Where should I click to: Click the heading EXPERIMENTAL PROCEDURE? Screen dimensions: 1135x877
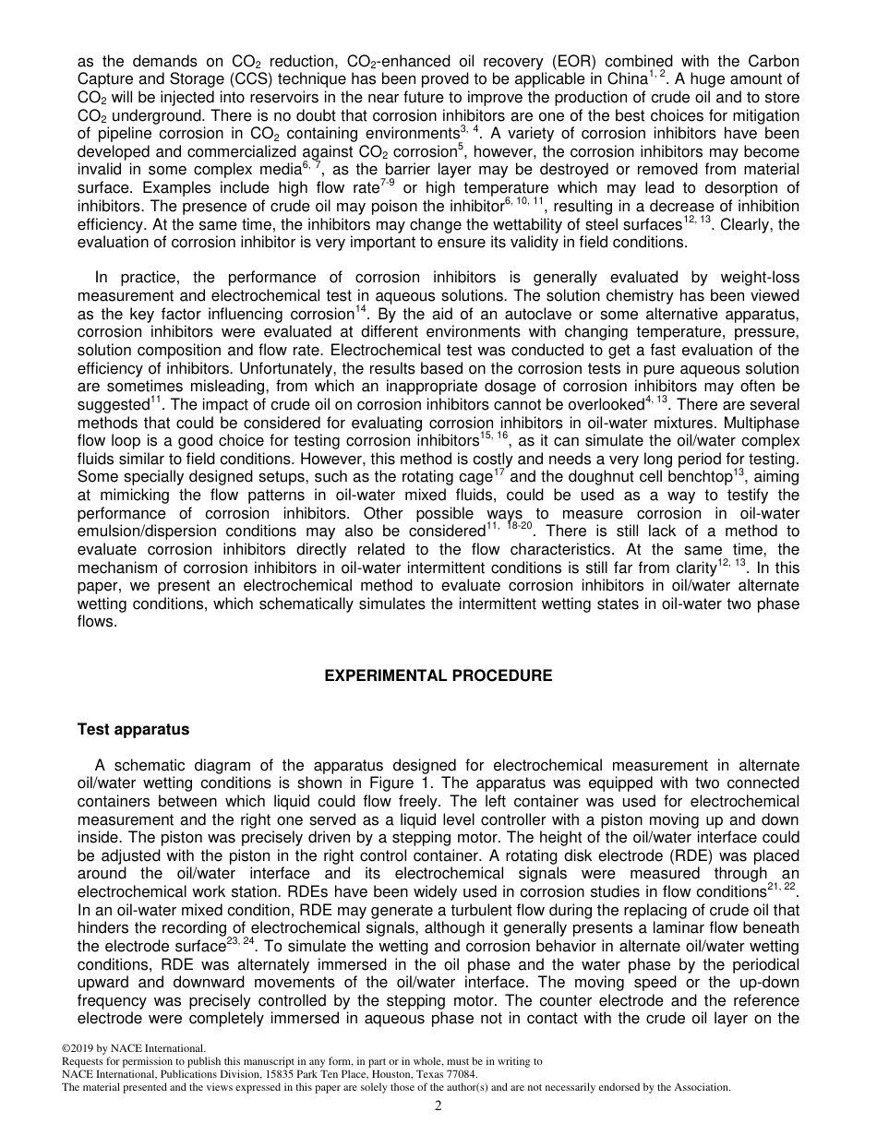point(438,675)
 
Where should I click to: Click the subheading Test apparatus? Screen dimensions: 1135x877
point(133,729)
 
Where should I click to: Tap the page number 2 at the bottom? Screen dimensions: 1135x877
point(438,1106)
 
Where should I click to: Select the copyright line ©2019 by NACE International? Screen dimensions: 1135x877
point(128,1048)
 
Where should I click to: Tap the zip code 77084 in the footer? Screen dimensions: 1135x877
point(462,1074)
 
